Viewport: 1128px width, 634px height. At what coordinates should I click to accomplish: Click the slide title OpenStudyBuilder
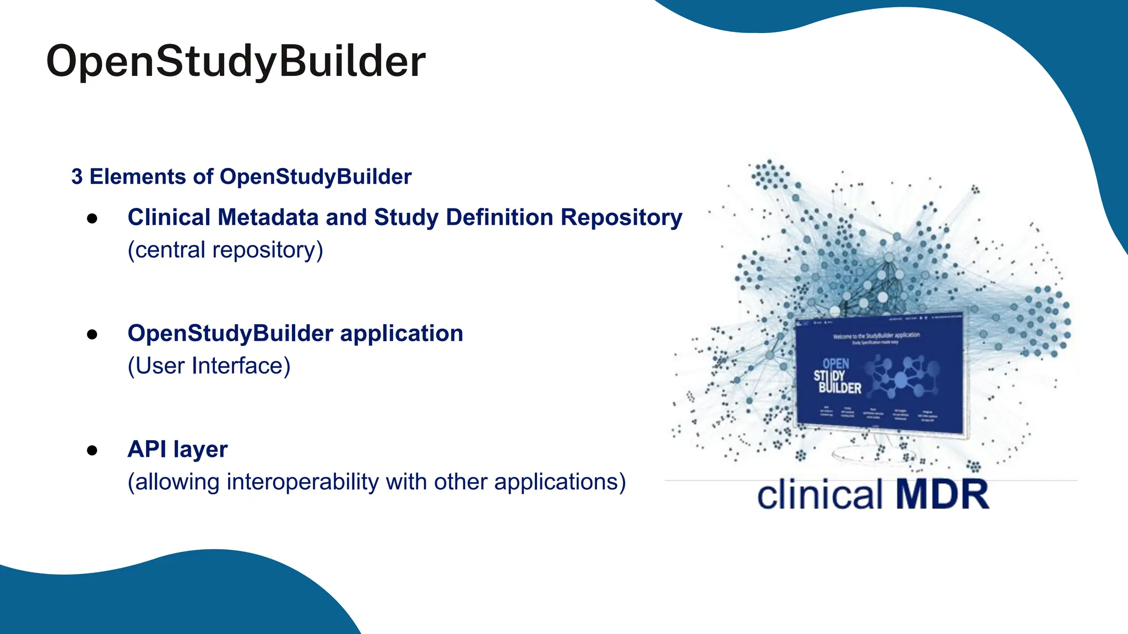[236, 61]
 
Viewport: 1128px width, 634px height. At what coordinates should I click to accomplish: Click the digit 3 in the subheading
[77, 177]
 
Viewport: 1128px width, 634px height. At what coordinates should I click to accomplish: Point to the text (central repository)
[225, 250]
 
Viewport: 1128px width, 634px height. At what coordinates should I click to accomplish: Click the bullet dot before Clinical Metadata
[92, 218]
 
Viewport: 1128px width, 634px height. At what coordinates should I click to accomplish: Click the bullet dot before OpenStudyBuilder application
[92, 335]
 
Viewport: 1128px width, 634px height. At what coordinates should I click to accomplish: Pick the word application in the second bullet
[402, 334]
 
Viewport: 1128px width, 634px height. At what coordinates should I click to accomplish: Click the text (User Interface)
[209, 366]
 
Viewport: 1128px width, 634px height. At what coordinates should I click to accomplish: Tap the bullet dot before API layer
[92, 451]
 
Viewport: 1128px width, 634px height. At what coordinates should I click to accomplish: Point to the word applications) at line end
[560, 482]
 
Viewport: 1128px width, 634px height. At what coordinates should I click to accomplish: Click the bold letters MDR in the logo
[942, 494]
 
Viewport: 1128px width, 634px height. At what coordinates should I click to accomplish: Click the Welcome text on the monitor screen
[876, 335]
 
